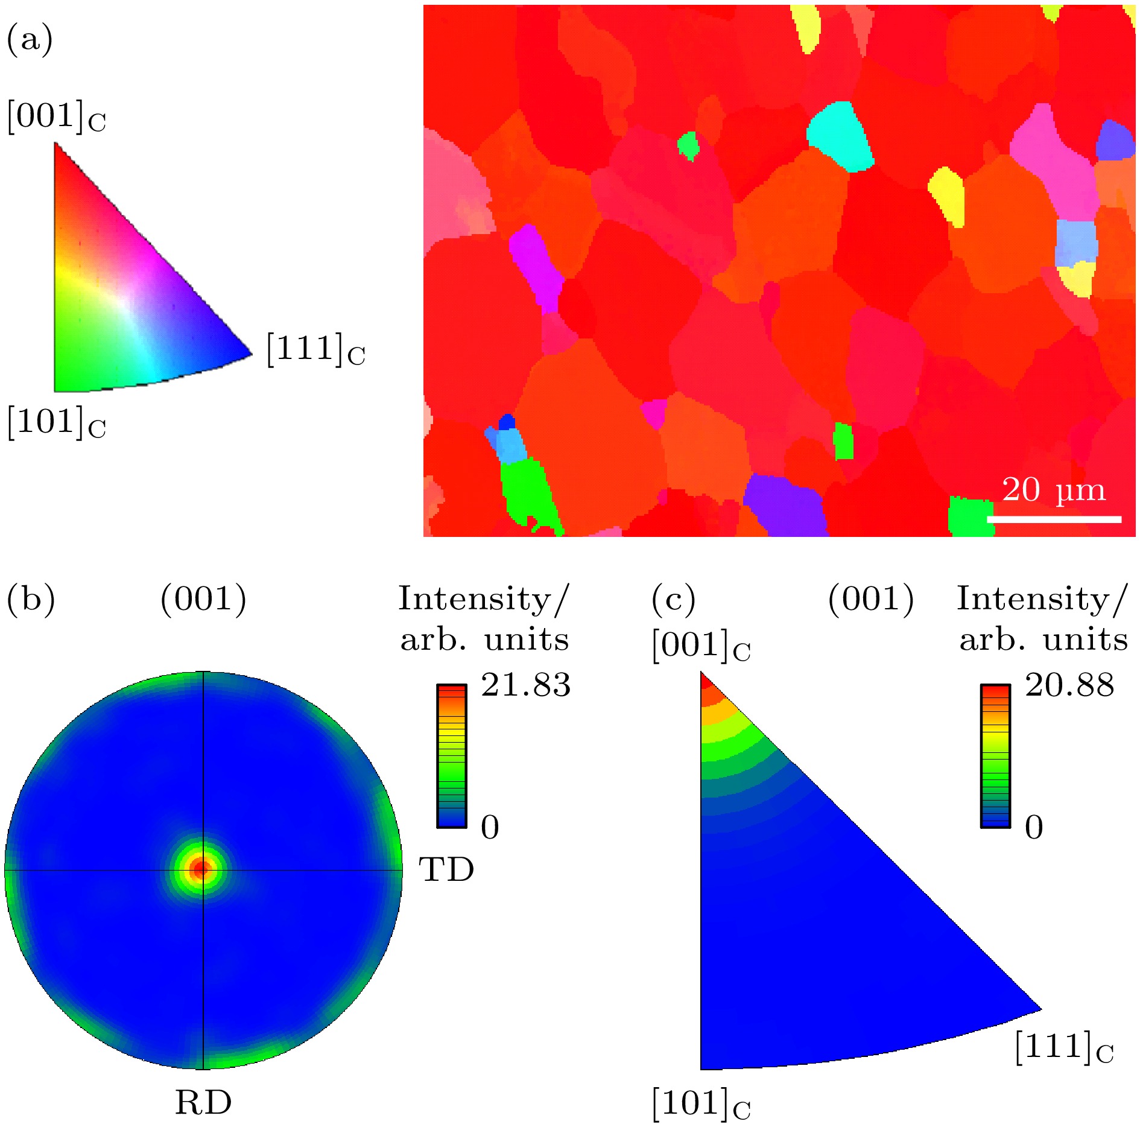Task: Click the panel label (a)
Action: [x=29, y=40]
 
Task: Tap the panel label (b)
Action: [x=30, y=599]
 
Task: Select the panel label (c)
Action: [x=673, y=599]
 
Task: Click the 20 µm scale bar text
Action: [x=1053, y=490]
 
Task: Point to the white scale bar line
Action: [x=1054, y=519]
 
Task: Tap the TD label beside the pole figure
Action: [x=446, y=870]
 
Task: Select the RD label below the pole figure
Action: [x=203, y=1103]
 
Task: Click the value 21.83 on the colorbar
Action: [x=525, y=685]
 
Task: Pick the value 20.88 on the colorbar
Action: [x=1069, y=685]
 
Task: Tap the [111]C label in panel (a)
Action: [x=315, y=350]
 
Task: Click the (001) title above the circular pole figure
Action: [x=203, y=599]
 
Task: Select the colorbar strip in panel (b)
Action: [x=452, y=755]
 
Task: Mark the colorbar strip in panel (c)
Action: [x=995, y=755]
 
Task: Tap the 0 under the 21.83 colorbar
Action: [x=490, y=827]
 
